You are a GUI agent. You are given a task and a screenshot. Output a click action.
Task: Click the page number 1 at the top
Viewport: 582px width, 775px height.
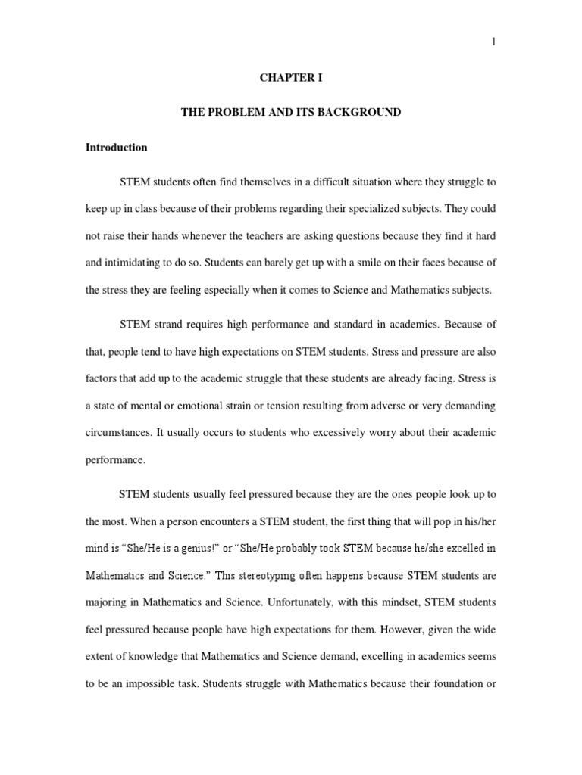(493, 42)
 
